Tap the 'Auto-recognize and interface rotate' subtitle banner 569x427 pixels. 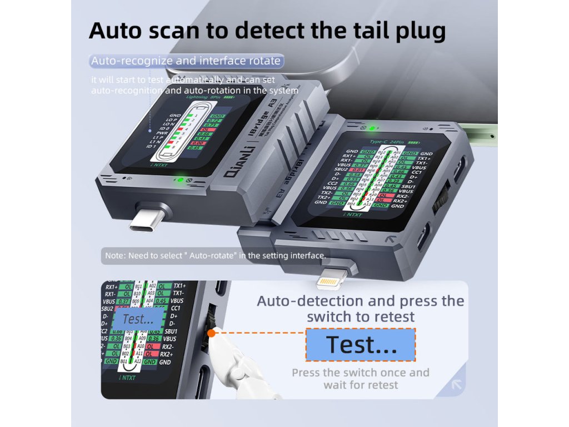(x=186, y=61)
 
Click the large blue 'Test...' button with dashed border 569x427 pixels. (x=361, y=345)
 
